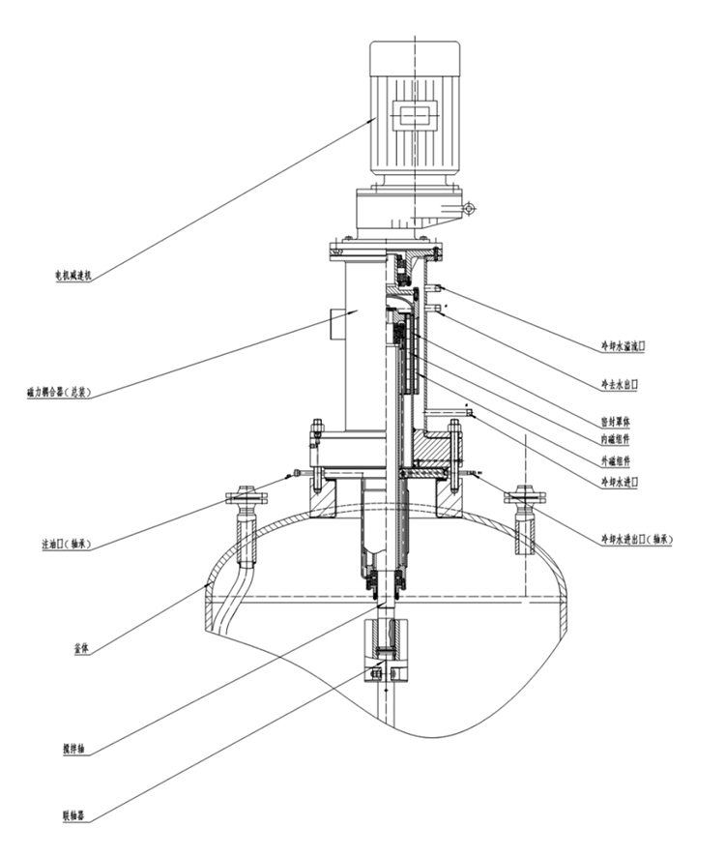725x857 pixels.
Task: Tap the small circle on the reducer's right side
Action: [469, 208]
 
